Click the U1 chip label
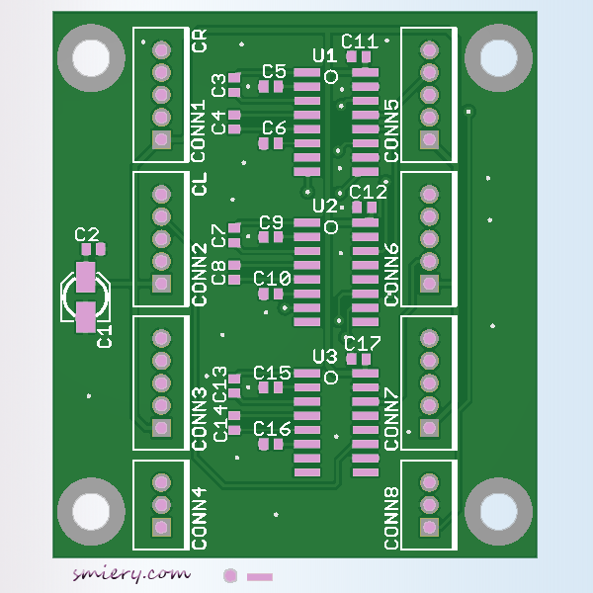click(324, 56)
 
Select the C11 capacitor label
click(360, 42)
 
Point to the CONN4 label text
click(200, 519)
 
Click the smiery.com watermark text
click(130, 573)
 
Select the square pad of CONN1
click(161, 140)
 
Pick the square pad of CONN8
click(429, 528)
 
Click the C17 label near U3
click(363, 344)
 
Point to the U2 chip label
click(324, 207)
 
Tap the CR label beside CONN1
click(201, 42)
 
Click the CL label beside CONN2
click(201, 184)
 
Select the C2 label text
click(87, 235)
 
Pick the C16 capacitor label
click(272, 429)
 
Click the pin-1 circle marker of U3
click(331, 377)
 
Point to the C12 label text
click(368, 192)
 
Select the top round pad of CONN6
click(429, 193)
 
